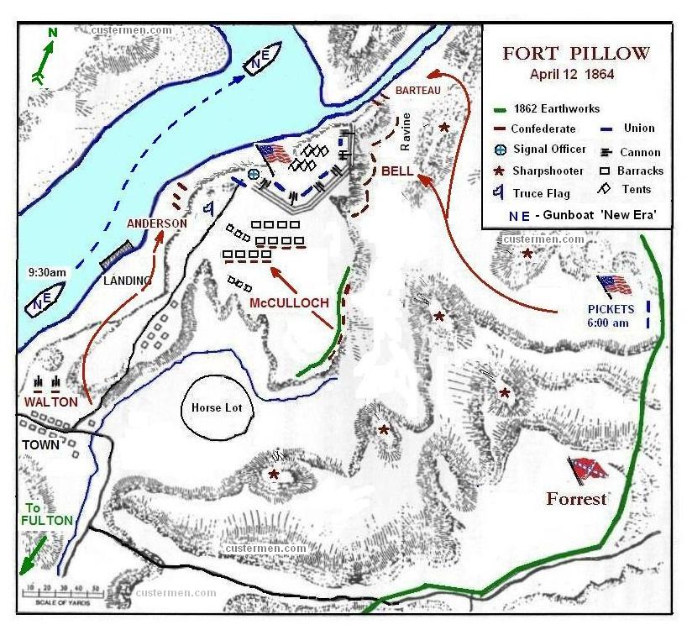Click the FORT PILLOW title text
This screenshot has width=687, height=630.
(x=576, y=54)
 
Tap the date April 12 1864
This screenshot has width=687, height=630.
(x=572, y=74)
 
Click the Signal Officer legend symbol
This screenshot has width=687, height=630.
(x=500, y=150)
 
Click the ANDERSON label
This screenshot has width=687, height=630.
(x=156, y=223)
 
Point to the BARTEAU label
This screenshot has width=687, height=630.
(x=417, y=90)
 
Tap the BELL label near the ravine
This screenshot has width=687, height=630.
(x=396, y=171)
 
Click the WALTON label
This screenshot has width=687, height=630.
(x=50, y=402)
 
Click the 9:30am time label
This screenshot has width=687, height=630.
(x=45, y=273)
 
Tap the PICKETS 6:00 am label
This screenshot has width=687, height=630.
(x=611, y=315)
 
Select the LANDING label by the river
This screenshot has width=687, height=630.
(x=127, y=281)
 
